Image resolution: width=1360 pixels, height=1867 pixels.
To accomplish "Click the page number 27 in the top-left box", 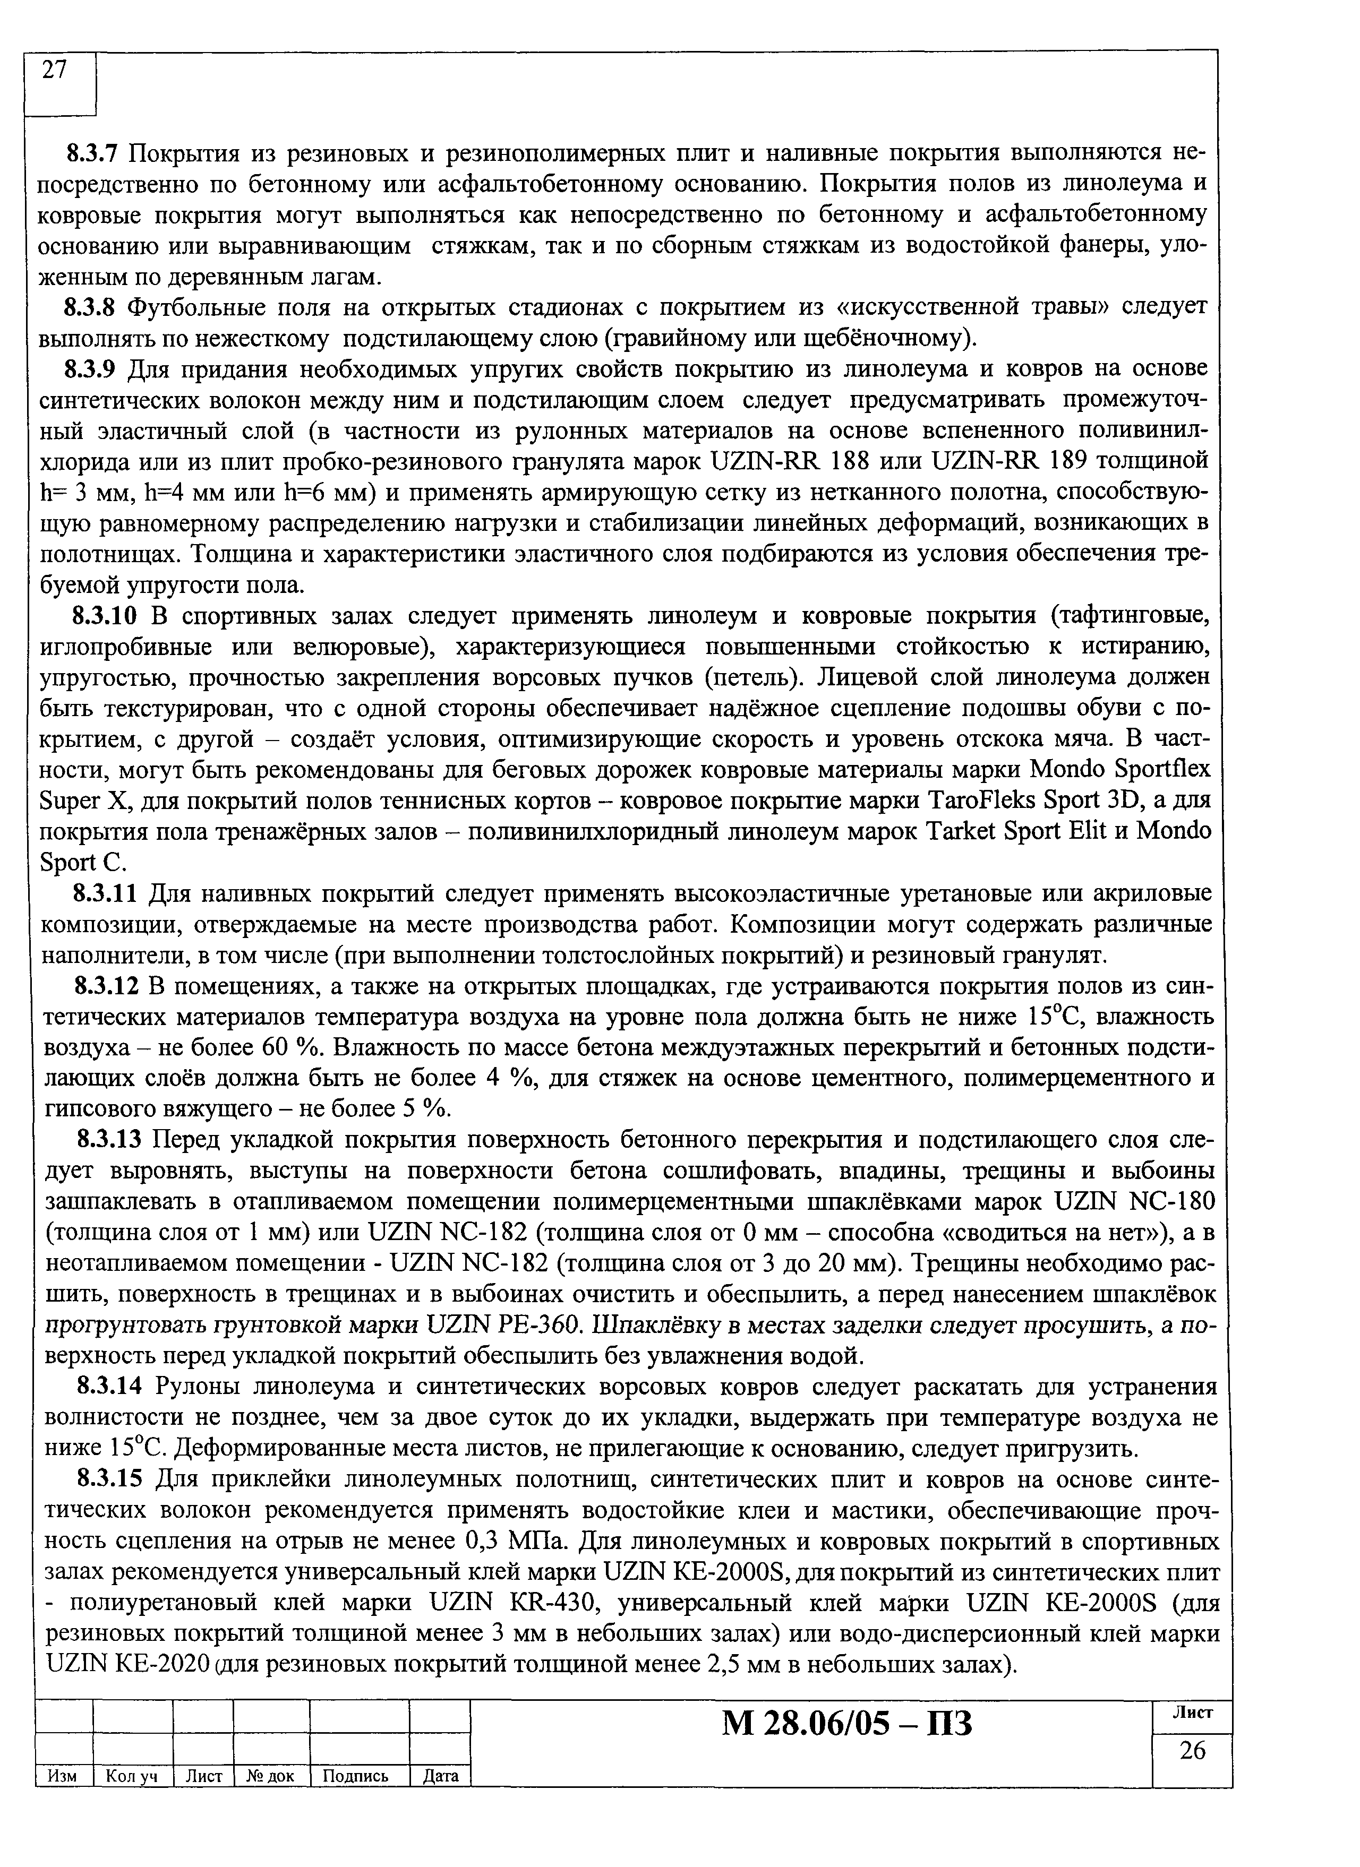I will (x=54, y=72).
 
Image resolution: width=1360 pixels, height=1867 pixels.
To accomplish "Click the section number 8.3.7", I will (x=93, y=153).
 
